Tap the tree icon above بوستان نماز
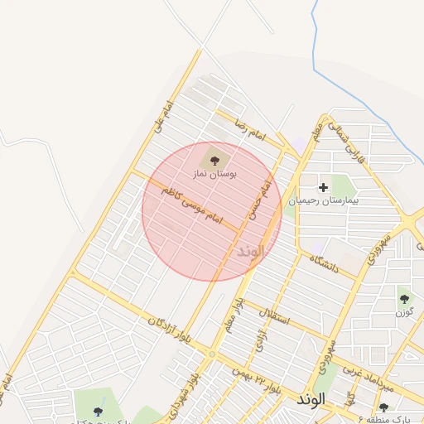215,159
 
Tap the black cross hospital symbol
323,188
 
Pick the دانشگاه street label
326,260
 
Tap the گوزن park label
404,312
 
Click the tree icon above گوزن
404,299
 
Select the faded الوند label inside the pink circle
250,250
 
